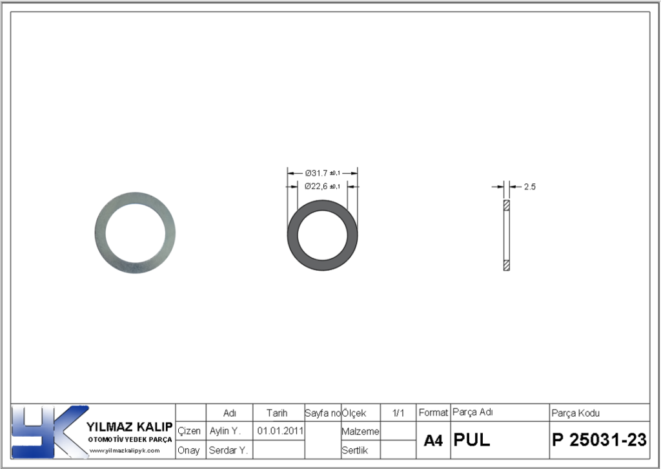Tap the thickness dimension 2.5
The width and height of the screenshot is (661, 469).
(x=529, y=187)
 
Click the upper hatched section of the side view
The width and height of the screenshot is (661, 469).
(x=507, y=205)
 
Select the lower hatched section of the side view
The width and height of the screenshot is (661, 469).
(x=507, y=266)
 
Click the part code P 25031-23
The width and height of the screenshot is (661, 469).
(x=599, y=440)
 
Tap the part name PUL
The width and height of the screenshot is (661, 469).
(x=472, y=440)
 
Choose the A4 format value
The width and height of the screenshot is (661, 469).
(x=433, y=441)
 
